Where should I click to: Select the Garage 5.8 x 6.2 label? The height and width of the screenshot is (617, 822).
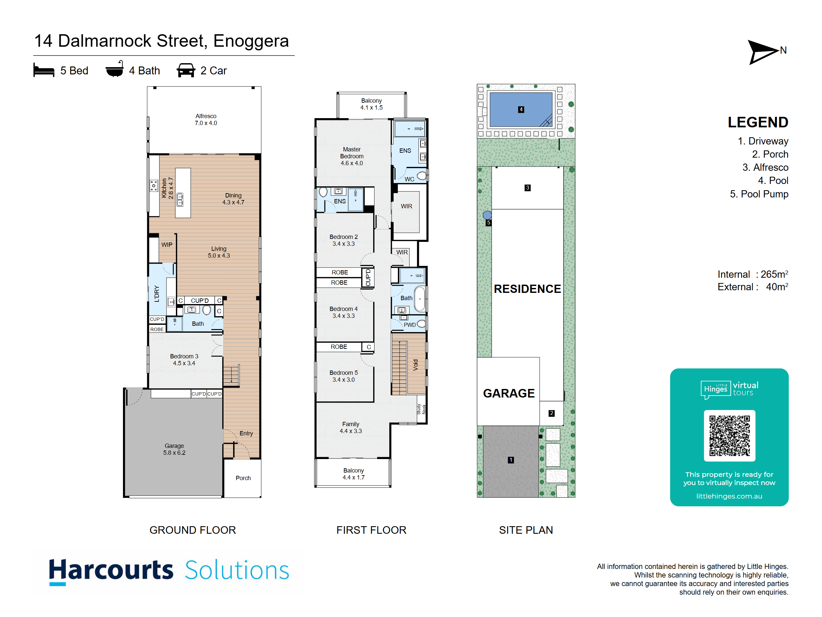click(174, 449)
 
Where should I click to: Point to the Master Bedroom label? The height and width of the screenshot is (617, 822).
click(351, 156)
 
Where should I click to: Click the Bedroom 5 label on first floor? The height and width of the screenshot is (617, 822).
click(343, 376)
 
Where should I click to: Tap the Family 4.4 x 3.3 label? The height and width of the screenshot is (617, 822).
click(351, 427)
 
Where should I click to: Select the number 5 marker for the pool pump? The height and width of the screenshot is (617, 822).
click(489, 223)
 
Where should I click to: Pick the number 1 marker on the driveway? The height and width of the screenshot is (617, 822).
click(511, 460)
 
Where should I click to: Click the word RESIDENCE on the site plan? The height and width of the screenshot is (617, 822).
click(527, 289)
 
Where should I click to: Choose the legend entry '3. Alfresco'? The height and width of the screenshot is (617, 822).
click(765, 167)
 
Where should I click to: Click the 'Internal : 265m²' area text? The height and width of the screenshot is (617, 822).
click(753, 274)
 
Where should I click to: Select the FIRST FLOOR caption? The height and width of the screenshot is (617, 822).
click(371, 530)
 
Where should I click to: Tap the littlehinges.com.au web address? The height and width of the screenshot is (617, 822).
click(729, 496)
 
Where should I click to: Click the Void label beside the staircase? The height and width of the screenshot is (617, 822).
click(416, 365)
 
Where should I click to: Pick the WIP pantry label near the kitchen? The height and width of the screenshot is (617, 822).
click(167, 245)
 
